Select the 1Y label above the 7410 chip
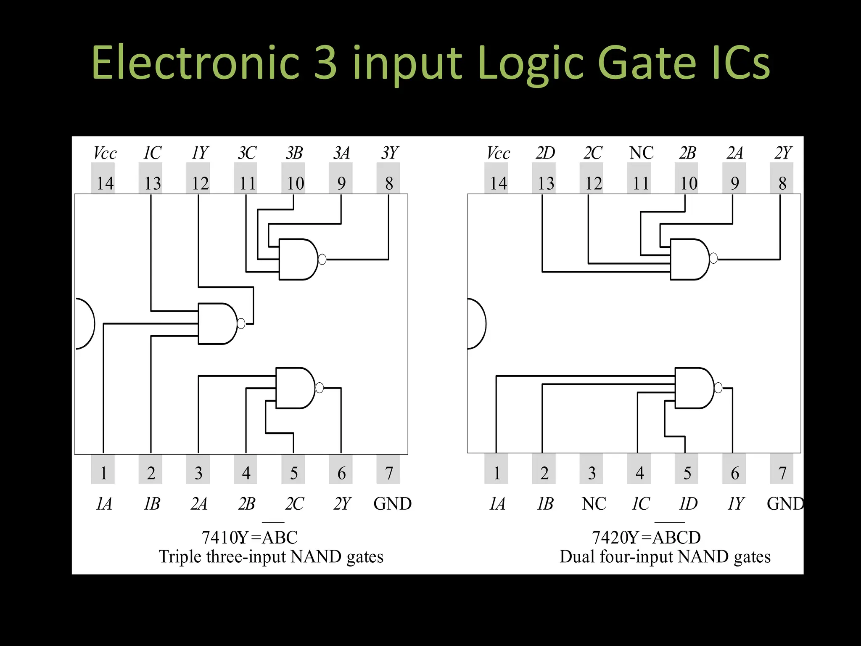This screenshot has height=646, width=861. pyautogui.click(x=200, y=153)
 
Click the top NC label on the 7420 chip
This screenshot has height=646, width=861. pyautogui.click(x=641, y=153)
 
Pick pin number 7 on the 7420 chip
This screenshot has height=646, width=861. pyautogui.click(x=782, y=473)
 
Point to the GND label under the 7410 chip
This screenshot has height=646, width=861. pyautogui.click(x=392, y=503)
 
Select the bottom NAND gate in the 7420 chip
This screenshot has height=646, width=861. pyautogui.click(x=694, y=388)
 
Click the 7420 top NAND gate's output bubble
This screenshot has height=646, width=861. pyautogui.click(x=713, y=258)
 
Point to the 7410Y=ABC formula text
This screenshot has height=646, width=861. pyautogui.click(x=250, y=537)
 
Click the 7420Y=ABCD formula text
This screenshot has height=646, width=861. pyautogui.click(x=646, y=537)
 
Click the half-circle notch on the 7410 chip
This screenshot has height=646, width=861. pyautogui.click(x=85, y=323)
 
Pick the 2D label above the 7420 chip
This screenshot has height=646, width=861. pyautogui.click(x=545, y=153)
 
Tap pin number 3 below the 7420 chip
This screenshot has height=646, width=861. pyautogui.click(x=592, y=473)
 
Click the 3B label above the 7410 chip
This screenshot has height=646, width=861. pyautogui.click(x=294, y=153)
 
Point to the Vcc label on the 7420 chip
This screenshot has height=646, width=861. pyautogui.click(x=498, y=153)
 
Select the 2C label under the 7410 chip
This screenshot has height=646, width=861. pyautogui.click(x=294, y=503)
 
